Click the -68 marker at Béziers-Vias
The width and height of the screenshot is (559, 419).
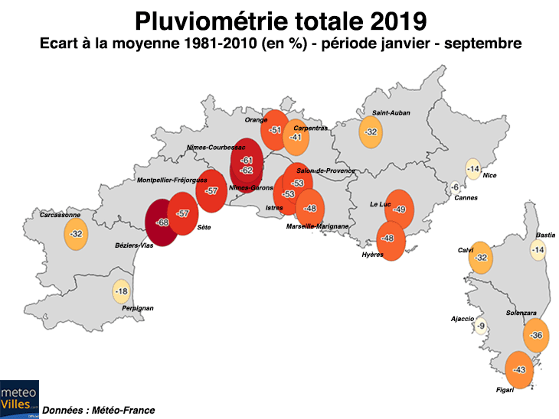point(162,222)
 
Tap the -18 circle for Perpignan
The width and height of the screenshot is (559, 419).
point(121,291)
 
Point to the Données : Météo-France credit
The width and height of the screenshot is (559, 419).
point(98,411)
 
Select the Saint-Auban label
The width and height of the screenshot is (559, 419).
point(391,113)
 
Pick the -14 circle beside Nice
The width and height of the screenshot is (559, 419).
point(473,169)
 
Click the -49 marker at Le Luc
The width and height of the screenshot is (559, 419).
point(398,209)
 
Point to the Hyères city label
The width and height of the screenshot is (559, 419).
point(371,254)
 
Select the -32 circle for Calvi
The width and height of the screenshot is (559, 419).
point(481,258)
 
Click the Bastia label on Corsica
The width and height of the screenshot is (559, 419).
point(545,235)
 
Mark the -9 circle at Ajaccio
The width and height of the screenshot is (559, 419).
point(480,326)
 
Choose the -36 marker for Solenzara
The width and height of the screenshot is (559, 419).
point(536,336)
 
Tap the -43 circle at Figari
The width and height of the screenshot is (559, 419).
point(519,370)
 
